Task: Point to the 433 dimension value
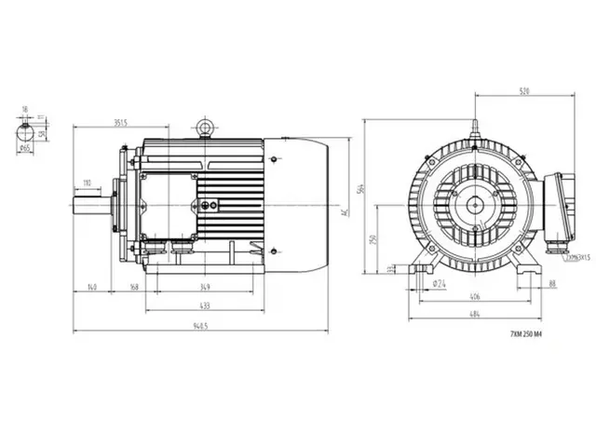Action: point(204,306)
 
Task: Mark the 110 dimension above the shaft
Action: point(87,183)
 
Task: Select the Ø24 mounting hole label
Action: point(438,283)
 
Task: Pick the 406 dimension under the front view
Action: point(475,296)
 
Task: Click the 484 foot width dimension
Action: point(475,314)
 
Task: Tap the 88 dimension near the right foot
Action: point(552,283)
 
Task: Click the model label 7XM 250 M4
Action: point(526,333)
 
